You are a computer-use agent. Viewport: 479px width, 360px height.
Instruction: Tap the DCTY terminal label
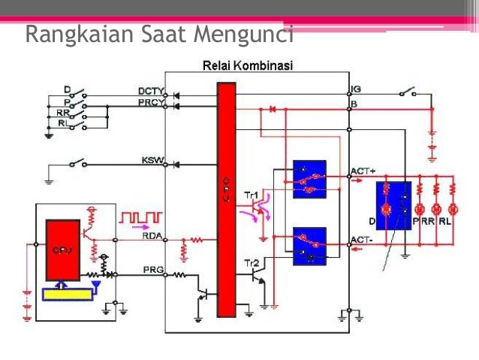point(151,92)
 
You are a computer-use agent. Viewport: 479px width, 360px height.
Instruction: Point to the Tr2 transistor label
point(251,263)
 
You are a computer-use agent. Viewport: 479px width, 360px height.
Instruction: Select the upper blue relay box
point(309,179)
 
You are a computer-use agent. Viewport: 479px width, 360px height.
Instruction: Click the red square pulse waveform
point(140,217)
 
